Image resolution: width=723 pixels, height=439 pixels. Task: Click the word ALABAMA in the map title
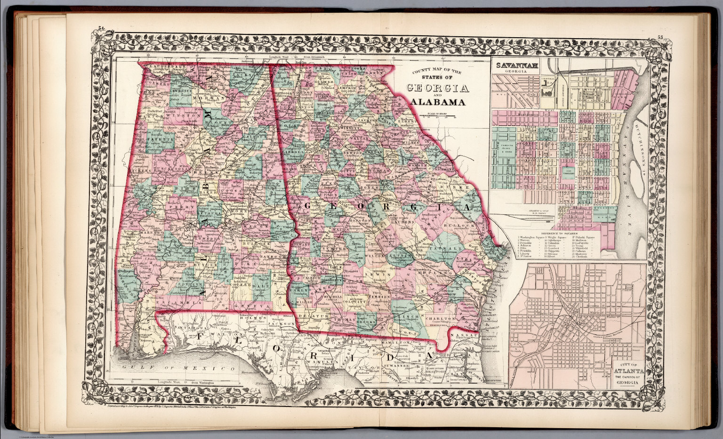pos(438,102)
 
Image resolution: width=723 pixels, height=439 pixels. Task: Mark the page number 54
pos(100,30)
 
